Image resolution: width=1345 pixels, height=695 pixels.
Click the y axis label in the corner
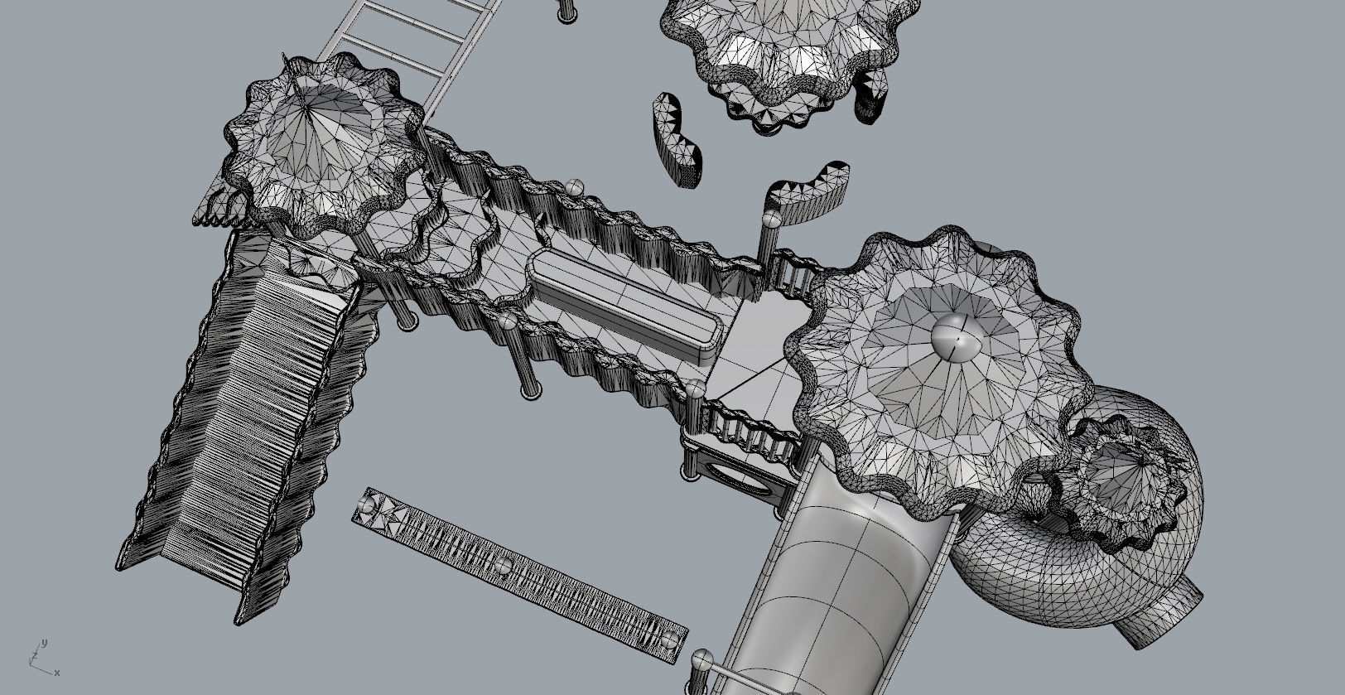coord(45,643)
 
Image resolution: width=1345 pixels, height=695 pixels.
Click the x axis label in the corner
coord(57,673)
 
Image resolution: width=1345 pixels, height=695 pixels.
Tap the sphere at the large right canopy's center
coord(958,337)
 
